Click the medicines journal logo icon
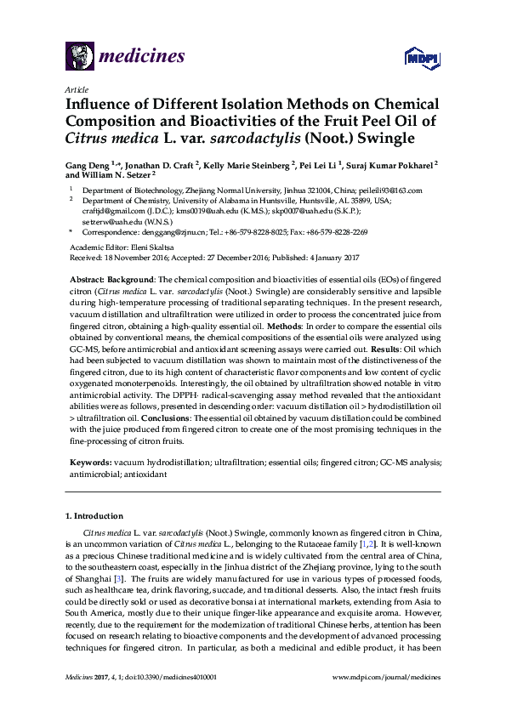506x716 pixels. (78, 57)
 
